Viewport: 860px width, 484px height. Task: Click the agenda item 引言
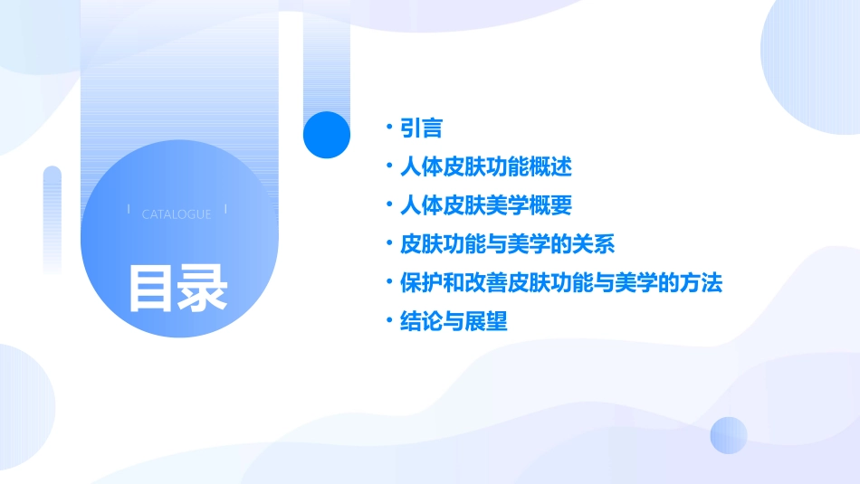[421, 128]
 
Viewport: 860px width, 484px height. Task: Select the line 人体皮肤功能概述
[485, 167]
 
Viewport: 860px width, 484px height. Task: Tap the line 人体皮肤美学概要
[485, 205]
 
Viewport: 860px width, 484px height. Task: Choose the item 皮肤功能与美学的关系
[507, 244]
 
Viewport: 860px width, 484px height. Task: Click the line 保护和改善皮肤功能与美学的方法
[560, 282]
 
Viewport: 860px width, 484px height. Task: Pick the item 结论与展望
[454, 321]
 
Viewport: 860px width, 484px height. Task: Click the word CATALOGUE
[177, 214]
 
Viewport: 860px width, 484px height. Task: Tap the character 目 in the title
[151, 288]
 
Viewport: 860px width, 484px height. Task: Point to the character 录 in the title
[203, 288]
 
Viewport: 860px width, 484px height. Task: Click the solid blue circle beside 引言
[327, 135]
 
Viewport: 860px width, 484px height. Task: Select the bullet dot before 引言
[388, 128]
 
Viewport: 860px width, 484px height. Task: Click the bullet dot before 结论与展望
[388, 321]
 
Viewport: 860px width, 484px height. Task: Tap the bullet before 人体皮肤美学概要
[388, 205]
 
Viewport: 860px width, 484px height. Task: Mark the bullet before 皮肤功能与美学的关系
[388, 244]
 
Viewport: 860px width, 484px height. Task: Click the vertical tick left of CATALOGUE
[129, 210]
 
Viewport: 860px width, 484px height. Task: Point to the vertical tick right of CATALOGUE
[225, 210]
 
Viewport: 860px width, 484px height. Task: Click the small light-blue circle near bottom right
[729, 435]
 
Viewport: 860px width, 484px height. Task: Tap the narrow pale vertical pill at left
[53, 217]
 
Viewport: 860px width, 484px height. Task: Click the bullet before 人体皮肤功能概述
[388, 167]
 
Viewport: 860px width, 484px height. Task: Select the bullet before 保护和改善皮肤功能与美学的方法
[388, 282]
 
